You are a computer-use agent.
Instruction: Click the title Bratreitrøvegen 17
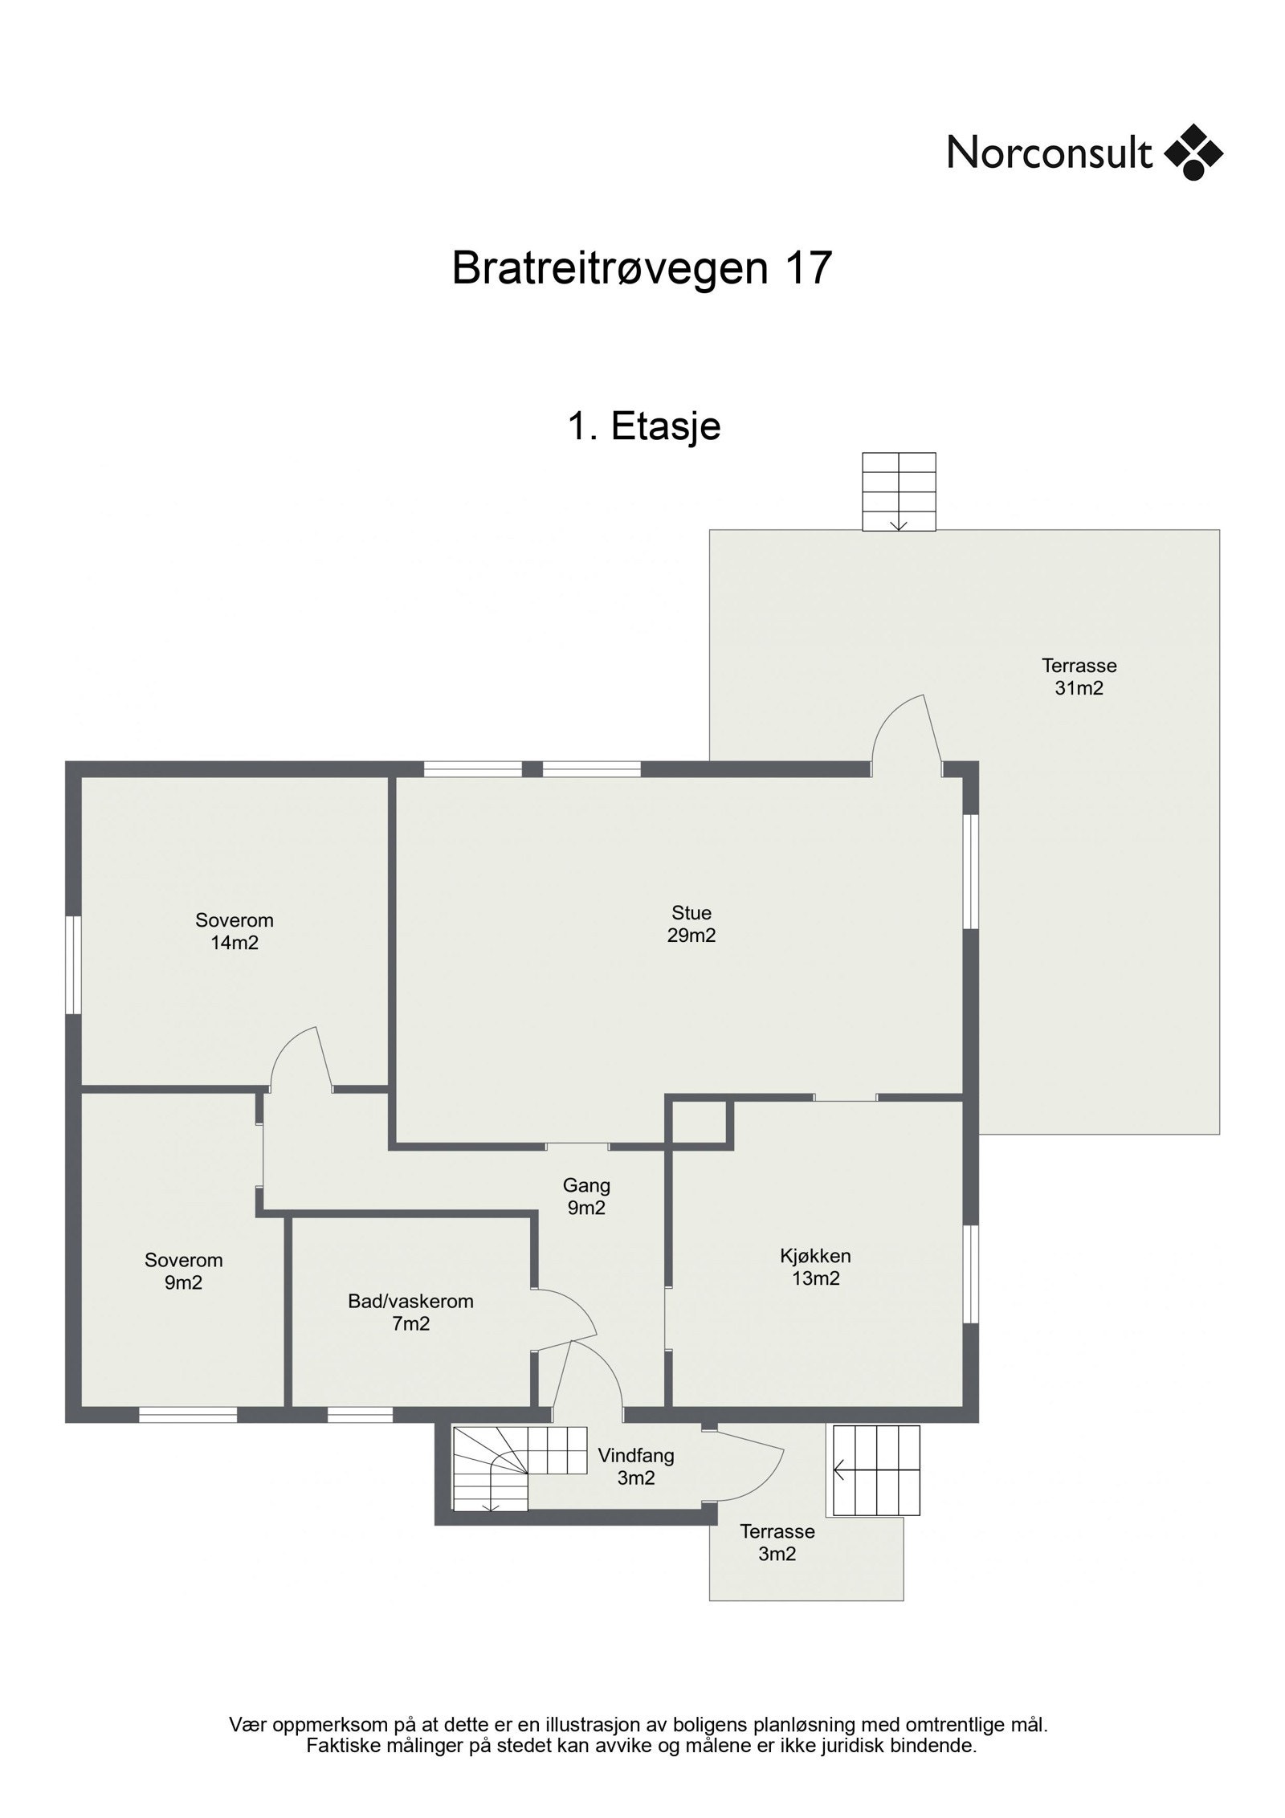coord(640,267)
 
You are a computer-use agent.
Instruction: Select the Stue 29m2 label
coord(691,923)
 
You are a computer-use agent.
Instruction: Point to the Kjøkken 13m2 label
coord(815,1266)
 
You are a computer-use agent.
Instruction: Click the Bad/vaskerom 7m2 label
coord(410,1312)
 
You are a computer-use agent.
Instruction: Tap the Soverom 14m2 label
coord(235,931)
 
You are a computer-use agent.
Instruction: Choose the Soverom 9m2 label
coord(183,1271)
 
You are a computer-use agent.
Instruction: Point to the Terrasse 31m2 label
coord(1079,676)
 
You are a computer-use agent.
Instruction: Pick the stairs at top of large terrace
coord(898,491)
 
